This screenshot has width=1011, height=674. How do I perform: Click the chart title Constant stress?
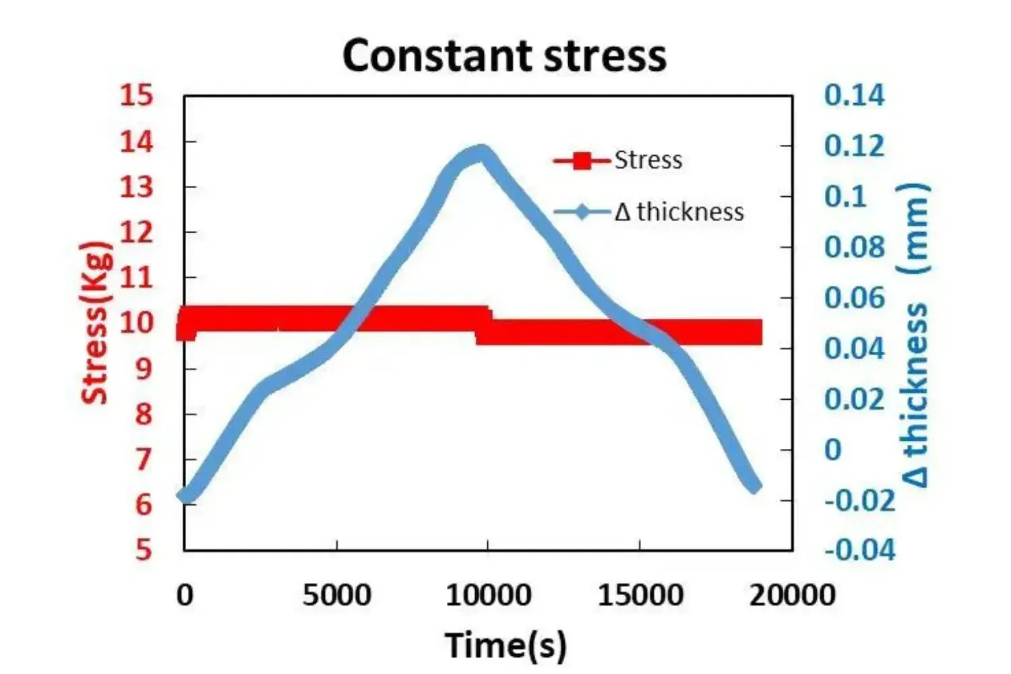[504, 55]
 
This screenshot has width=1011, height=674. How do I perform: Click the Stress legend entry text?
[648, 160]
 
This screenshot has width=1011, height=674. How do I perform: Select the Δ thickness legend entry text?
[679, 212]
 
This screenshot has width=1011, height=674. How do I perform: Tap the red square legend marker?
[582, 160]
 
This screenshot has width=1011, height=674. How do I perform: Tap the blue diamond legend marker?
[582, 212]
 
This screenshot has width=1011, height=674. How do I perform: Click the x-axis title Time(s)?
[506, 644]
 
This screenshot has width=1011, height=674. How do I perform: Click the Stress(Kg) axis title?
[95, 322]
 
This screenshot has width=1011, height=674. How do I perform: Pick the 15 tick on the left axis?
[137, 96]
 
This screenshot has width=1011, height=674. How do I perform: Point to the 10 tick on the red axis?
[137, 323]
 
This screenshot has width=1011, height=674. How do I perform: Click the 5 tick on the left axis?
[144, 550]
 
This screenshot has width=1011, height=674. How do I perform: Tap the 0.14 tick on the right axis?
[854, 96]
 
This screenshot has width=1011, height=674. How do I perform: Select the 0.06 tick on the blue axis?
[854, 298]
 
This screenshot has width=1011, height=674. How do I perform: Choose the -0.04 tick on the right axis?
[859, 550]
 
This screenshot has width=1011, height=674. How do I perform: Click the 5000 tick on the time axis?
[336, 596]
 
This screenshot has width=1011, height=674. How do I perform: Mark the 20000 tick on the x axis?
[792, 596]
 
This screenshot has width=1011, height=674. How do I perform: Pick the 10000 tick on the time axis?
[488, 596]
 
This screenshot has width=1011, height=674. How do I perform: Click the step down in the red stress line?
[484, 326]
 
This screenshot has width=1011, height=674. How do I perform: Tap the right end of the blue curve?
[756, 486]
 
